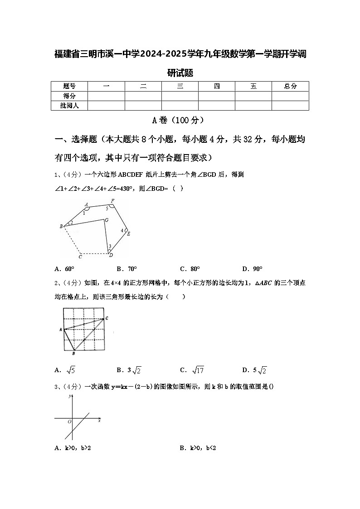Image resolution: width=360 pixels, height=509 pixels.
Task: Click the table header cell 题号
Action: coord(69,86)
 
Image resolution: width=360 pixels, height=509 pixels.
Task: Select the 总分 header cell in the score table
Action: coord(290,86)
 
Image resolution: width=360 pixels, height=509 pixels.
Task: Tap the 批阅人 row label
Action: coord(69,106)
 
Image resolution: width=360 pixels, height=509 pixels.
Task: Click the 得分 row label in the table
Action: coord(69,96)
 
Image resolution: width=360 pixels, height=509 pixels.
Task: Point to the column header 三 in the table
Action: coord(180,86)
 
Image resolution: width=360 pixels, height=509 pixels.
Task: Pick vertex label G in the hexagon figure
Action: coord(107,220)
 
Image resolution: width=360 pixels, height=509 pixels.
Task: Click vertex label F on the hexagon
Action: coord(112,201)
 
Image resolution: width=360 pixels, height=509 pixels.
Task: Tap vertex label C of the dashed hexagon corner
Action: coord(80,257)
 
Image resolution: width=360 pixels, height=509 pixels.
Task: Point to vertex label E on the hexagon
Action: coord(129,234)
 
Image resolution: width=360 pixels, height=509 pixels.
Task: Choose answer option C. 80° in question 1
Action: coord(190,268)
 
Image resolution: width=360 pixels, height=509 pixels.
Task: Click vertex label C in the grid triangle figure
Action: coord(106,319)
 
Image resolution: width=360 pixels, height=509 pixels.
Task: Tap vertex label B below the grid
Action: coord(74,353)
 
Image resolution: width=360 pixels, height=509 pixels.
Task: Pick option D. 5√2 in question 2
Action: coord(254,370)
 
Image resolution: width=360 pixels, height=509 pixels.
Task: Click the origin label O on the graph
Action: coord(69,422)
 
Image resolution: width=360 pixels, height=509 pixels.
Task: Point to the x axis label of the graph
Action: coord(99,421)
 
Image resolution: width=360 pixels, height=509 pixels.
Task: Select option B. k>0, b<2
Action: coord(198,448)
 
